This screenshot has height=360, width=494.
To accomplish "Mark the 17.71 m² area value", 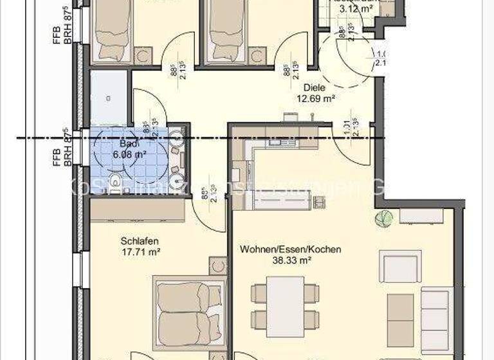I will click(140, 252).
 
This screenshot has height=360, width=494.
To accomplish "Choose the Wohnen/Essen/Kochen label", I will click(290, 249).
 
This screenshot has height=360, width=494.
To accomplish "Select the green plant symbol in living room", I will click(383, 217).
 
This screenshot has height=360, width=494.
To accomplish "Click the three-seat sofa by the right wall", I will click(435, 319).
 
